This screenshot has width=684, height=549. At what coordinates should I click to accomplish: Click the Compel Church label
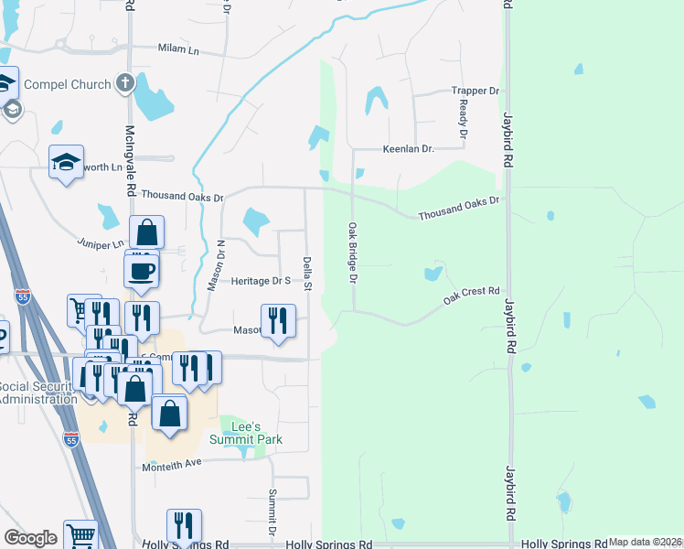click(x=67, y=84)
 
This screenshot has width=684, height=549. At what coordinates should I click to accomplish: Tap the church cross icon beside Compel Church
click(x=125, y=84)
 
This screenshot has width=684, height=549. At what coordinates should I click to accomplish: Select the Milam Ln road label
click(x=178, y=48)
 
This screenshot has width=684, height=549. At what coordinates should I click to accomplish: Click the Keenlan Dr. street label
click(x=409, y=148)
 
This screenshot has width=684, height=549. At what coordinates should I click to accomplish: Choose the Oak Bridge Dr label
click(x=351, y=252)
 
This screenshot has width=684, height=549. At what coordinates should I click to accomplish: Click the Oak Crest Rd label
click(x=472, y=295)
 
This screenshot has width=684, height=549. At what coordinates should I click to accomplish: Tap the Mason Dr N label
click(x=215, y=265)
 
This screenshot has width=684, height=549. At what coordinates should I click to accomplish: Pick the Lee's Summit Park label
click(x=250, y=432)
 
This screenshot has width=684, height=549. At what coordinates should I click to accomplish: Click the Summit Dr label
click(x=272, y=512)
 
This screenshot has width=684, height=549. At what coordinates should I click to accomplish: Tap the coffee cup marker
click(x=142, y=271)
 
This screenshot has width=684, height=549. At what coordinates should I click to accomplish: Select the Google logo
click(x=30, y=538)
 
